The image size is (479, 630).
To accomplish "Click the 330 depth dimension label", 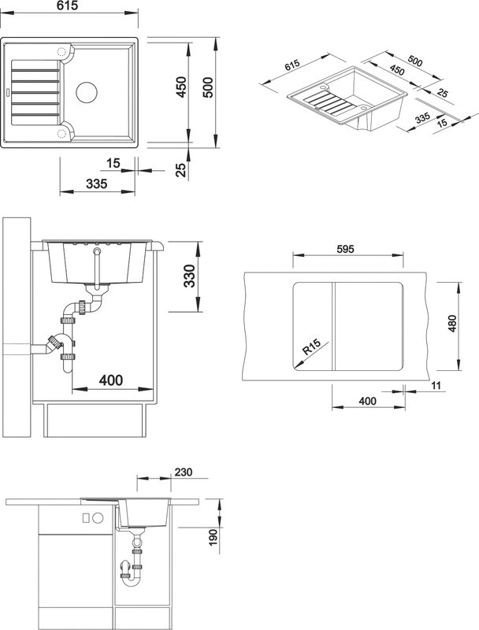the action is pyautogui.click(x=189, y=276).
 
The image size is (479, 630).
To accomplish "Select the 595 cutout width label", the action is pyautogui.click(x=346, y=249).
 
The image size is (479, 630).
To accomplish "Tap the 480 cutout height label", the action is pyautogui.click(x=452, y=324).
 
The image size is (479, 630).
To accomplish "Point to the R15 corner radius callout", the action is pyautogui.click(x=312, y=347).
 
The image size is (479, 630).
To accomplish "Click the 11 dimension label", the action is pyautogui.click(x=436, y=386).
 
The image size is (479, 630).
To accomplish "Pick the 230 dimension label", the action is pyautogui.click(x=184, y=472).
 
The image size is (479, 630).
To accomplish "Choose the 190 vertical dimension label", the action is pyautogui.click(x=213, y=538).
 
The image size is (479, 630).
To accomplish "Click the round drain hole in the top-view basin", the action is pyautogui.click(x=87, y=92).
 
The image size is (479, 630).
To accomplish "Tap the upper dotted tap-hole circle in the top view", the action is pyautogui.click(x=61, y=52).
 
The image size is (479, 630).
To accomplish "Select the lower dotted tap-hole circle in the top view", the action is pyautogui.click(x=61, y=133).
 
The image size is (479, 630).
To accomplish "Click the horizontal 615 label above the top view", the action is pyautogui.click(x=68, y=6).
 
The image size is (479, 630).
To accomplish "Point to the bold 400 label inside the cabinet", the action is pyautogui.click(x=111, y=380).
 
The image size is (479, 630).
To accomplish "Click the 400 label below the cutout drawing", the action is pyautogui.click(x=368, y=401).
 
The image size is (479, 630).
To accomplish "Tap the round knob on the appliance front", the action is pyautogui.click(x=98, y=518).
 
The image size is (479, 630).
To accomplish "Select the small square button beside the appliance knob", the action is pyautogui.click(x=86, y=518).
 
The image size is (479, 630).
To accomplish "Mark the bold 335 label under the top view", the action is pyautogui.click(x=97, y=183).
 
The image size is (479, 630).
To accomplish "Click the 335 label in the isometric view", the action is pyautogui.click(x=423, y=118).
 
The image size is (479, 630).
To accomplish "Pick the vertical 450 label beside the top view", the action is pyautogui.click(x=182, y=87).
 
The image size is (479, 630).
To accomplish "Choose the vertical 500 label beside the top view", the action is pyautogui.click(x=208, y=87).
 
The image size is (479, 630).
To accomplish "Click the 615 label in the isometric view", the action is pyautogui.click(x=292, y=65).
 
